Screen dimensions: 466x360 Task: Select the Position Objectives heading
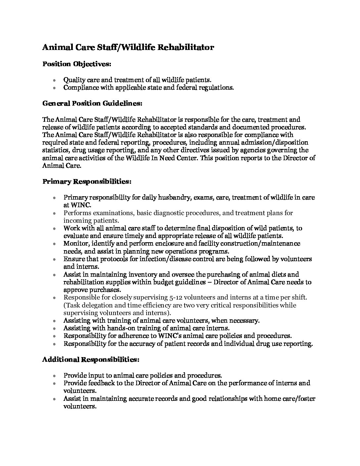[76, 64]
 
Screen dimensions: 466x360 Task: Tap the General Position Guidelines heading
[92, 103]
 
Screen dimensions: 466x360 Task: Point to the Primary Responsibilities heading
[87, 182]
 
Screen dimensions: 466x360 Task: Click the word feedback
[103, 383]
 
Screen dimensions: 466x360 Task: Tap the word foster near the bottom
[306, 398]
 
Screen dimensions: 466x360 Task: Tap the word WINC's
[171, 336]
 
